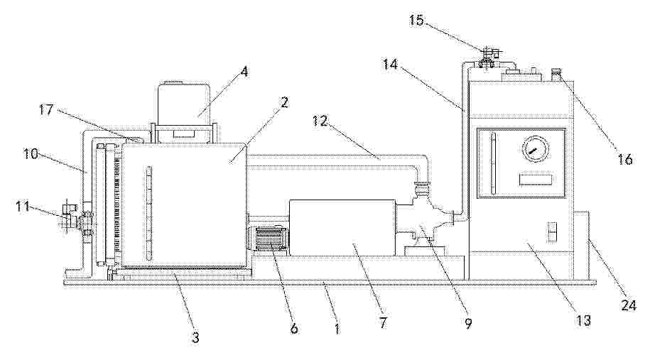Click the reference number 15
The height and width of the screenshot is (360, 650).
(x=416, y=20)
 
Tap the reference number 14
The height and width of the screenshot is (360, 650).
(x=390, y=65)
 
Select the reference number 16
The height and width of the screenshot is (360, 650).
(x=625, y=158)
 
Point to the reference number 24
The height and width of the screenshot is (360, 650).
(x=628, y=305)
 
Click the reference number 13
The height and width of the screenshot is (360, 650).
(x=583, y=320)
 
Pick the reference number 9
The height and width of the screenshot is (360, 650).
(x=468, y=324)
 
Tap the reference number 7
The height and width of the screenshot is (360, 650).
(x=383, y=322)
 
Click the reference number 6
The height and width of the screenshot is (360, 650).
(x=294, y=328)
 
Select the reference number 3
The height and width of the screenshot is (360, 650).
(x=195, y=337)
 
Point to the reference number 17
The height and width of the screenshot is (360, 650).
(x=47, y=110)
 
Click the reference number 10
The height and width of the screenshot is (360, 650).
(x=31, y=153)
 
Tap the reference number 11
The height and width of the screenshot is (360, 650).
(x=23, y=206)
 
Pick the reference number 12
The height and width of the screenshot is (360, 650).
(x=320, y=121)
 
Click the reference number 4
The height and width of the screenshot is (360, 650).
(x=244, y=72)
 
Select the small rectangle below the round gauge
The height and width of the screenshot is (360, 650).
(x=535, y=180)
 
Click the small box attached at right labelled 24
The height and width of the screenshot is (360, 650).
(x=582, y=245)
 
